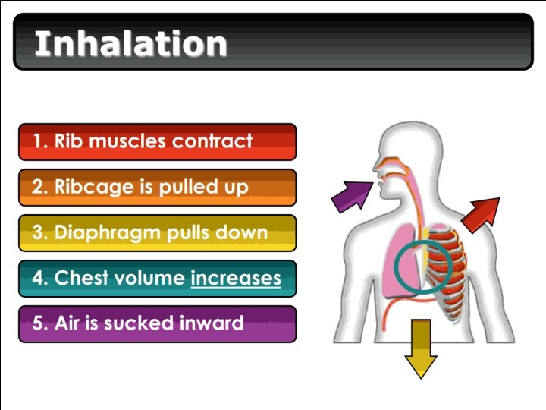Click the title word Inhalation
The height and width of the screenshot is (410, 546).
130,43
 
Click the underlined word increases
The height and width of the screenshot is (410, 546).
236,278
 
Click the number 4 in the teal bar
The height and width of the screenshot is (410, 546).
38,278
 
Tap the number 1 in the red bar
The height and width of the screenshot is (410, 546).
38,141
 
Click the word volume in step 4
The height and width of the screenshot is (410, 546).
155,278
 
